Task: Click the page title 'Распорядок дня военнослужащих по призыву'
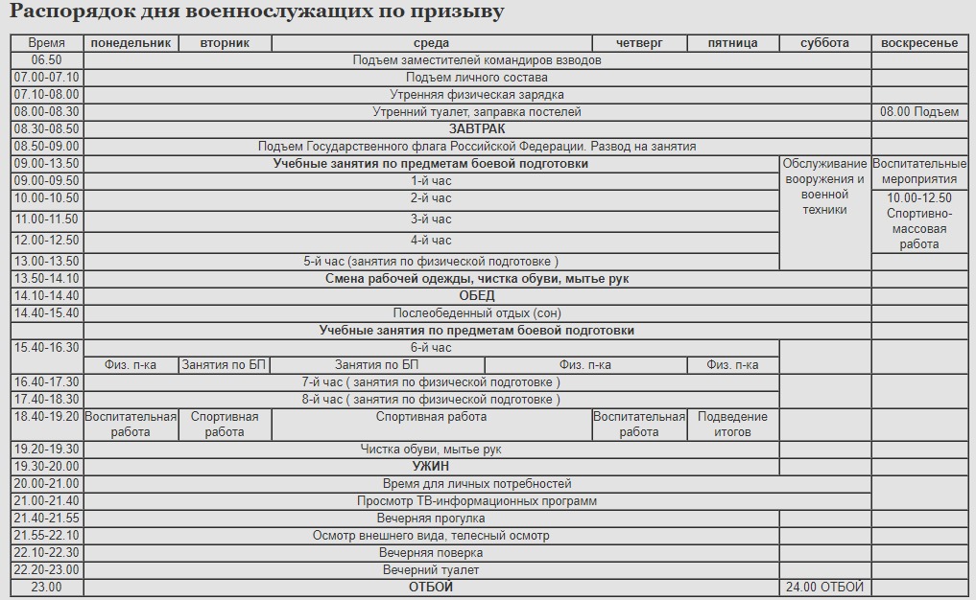[256, 12]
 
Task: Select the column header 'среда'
[431, 43]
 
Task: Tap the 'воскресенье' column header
[919, 43]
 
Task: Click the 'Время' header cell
[47, 43]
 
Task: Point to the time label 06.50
[47, 60]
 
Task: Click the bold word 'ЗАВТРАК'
[477, 128]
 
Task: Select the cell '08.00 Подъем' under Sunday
[919, 112]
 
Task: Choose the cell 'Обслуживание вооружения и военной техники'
[824, 187]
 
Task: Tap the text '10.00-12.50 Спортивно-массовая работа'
[919, 221]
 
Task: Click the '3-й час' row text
[431, 219]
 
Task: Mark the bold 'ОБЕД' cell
[477, 296]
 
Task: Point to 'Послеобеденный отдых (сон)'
[477, 313]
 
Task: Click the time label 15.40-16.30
[47, 348]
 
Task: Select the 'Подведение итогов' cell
[732, 425]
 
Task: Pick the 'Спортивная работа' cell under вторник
[225, 425]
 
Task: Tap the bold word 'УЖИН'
[431, 467]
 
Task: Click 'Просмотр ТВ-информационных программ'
[477, 501]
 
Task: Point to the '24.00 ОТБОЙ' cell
[824, 588]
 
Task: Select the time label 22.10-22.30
[47, 553]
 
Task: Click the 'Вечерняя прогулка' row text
[431, 519]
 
